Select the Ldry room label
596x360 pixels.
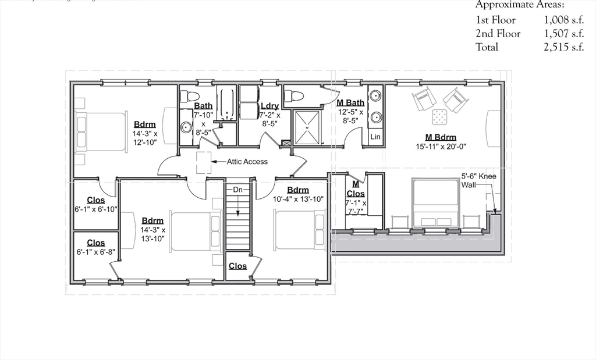pos(269,106)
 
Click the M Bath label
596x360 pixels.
pos(350,103)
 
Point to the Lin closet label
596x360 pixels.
pos(375,137)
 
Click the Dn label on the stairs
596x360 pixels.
pos(237,190)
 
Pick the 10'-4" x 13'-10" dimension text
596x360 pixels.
pos(298,199)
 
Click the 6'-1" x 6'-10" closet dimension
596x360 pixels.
pos(96,209)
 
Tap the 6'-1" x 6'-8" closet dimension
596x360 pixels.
pos(96,252)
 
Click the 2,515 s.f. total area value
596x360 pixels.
pos(563,47)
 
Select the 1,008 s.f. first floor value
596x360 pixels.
pos(563,20)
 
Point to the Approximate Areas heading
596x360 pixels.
pos(520,5)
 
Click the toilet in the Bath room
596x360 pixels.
pos(190,96)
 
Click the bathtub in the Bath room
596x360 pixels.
pos(226,103)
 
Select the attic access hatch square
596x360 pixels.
pos(204,162)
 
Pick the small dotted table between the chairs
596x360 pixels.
pos(440,118)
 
